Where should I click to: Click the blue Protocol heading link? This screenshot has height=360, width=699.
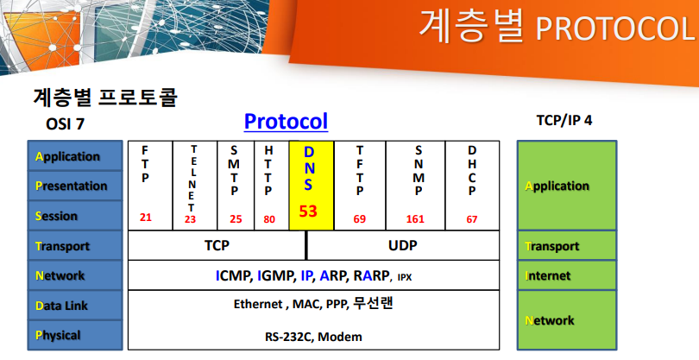(286, 122)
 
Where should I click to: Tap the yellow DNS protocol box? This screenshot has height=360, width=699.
(312, 186)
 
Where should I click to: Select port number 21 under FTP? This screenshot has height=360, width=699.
(146, 218)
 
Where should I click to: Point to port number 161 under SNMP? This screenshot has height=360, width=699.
(415, 219)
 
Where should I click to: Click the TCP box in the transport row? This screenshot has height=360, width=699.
(217, 245)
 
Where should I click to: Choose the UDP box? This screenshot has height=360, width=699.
(403, 245)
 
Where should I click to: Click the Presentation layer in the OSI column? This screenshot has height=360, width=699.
(75, 186)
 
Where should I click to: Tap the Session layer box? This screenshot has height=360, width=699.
(75, 216)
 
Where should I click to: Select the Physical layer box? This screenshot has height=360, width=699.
(75, 335)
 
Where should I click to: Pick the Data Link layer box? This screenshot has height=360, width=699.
(75, 305)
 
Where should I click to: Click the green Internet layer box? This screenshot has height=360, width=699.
(567, 275)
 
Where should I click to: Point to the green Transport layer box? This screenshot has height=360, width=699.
(567, 246)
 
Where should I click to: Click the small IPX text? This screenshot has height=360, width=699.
(405, 277)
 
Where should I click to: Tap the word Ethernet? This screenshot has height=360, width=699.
(258, 304)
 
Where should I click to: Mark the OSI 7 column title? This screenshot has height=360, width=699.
(65, 123)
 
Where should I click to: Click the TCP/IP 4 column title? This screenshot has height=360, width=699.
(564, 121)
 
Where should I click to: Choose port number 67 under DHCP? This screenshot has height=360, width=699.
(472, 219)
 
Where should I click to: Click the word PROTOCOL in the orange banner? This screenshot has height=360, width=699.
(615, 28)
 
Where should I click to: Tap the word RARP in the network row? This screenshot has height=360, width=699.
(371, 275)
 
